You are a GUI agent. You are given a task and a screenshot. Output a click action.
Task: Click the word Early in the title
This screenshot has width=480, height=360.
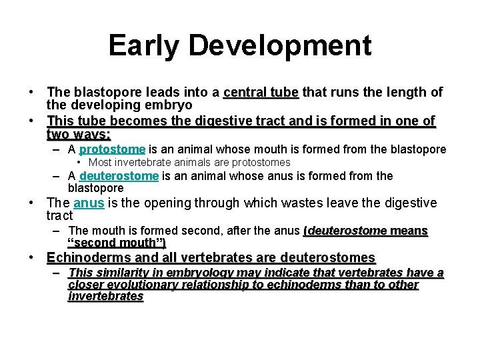pyautogui.click(x=143, y=46)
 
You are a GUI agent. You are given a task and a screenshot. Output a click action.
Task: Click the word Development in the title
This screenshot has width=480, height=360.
pyautogui.click(x=279, y=46)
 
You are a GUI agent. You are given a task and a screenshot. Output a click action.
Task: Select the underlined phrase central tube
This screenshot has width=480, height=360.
pyautogui.click(x=261, y=92)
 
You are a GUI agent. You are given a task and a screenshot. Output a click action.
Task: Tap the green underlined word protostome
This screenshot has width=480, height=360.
pyautogui.click(x=112, y=149)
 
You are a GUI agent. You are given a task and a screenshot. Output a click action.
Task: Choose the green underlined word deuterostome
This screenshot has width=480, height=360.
pyautogui.click(x=119, y=176)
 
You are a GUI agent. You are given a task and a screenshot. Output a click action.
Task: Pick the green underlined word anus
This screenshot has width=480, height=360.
pyautogui.click(x=89, y=203)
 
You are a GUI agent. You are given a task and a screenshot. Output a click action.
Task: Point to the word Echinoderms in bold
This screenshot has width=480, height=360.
pyautogui.click(x=86, y=257)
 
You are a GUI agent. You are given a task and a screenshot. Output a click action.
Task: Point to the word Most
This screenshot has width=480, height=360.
pyautogui.click(x=99, y=163)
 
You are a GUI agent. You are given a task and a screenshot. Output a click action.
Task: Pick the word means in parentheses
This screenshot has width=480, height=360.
pyautogui.click(x=409, y=231)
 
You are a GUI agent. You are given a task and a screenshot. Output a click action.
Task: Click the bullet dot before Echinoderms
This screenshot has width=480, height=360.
pyautogui.click(x=32, y=257)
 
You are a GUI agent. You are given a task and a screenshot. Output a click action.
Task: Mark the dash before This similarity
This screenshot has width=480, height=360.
pyautogui.click(x=58, y=273)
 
